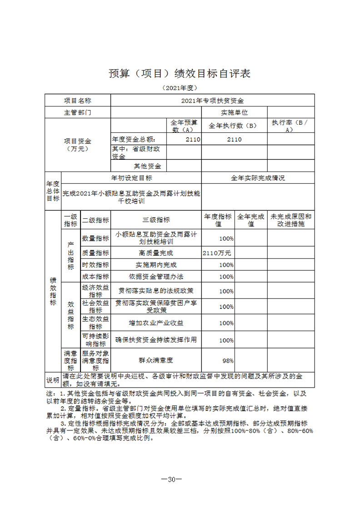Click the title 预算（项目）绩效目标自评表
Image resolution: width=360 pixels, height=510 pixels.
pyautogui.click(x=180, y=73)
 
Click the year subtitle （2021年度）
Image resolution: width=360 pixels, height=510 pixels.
pyautogui.click(x=180, y=88)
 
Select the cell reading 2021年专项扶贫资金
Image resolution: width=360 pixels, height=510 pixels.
pyautogui.click(x=212, y=101)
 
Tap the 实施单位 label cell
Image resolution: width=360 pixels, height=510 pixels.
pyautogui.click(x=234, y=112)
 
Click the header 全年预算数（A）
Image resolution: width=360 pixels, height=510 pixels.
pyautogui.click(x=184, y=126)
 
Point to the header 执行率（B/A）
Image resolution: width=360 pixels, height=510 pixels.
pyautogui.click(x=290, y=126)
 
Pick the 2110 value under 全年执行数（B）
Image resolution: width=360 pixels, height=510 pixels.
pyautogui.click(x=234, y=139)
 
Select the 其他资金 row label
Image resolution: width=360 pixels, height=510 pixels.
pyautogui.click(x=147, y=166)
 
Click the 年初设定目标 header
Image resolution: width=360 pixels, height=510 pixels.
pyautogui.click(x=131, y=178)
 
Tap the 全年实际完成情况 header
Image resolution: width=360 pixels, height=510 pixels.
pyautogui.click(x=258, y=178)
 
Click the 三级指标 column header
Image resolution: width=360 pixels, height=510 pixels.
pyautogui.click(x=156, y=220)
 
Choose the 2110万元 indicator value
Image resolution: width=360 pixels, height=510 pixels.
pyautogui.click(x=218, y=253)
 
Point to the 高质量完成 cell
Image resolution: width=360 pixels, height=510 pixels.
pyautogui.click(x=156, y=253)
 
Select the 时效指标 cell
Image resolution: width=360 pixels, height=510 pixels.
pyautogui.click(x=95, y=265)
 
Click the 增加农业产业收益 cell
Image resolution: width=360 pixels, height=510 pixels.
pyautogui.click(x=156, y=323)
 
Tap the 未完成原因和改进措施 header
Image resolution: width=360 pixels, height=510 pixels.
pyautogui.click(x=290, y=220)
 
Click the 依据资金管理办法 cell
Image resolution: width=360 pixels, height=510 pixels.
pyautogui.click(x=156, y=277)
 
